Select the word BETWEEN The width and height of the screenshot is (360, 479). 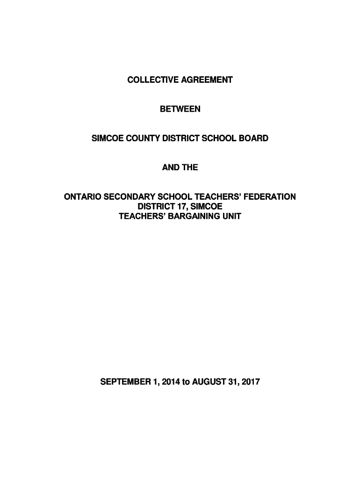point(180,109)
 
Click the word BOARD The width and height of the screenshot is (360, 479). point(255,138)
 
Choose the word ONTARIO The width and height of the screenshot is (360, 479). point(81,196)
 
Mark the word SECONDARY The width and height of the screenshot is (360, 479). point(125,196)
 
